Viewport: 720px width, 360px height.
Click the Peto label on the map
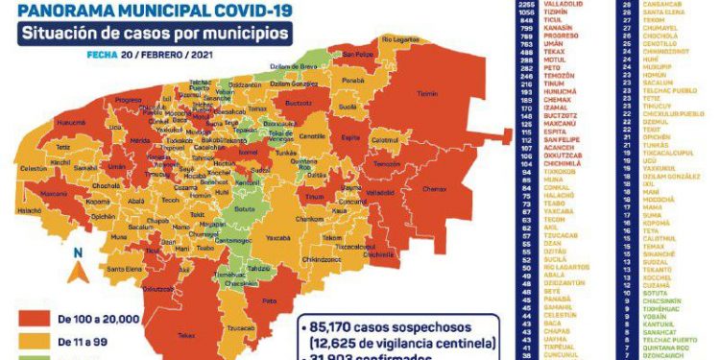point(262,300)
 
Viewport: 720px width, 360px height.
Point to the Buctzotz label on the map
point(298,101)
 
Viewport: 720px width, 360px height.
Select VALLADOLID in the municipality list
point(561,4)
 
